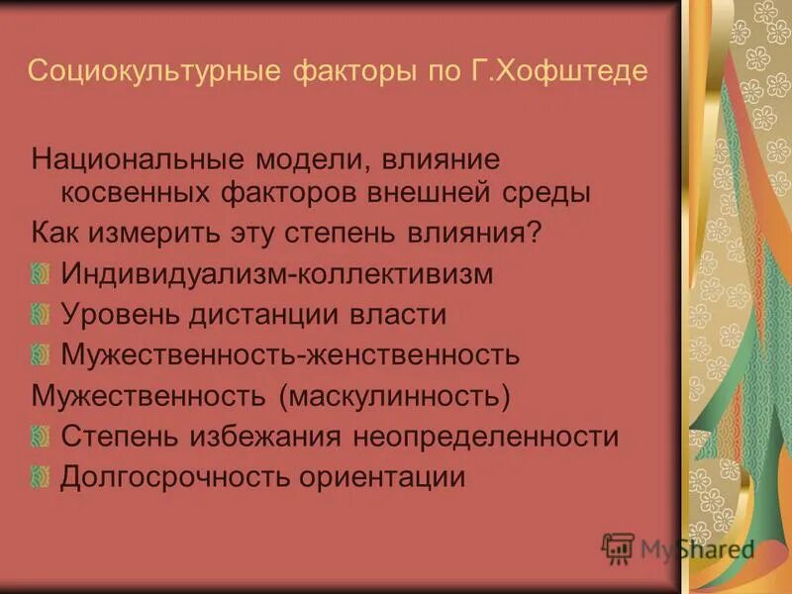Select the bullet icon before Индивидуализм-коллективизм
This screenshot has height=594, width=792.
(41, 274)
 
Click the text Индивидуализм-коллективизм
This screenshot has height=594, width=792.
(276, 274)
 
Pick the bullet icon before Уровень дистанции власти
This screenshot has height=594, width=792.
(41, 315)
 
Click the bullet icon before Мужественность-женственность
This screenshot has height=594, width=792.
(41, 354)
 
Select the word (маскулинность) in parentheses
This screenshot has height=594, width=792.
(394, 396)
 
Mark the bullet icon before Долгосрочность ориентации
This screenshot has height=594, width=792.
(41, 477)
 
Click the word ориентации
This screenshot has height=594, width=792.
(385, 477)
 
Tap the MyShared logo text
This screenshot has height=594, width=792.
(697, 548)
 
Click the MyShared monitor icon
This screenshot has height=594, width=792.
(618, 548)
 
